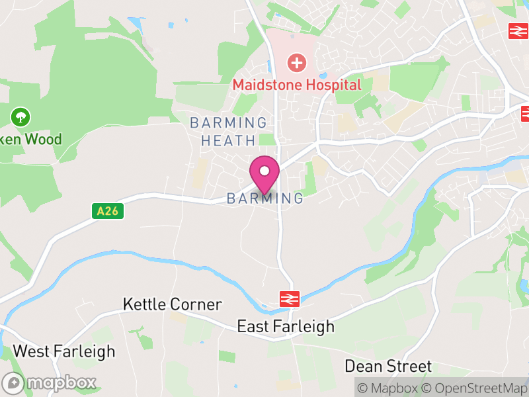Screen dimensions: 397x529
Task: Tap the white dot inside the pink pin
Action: tap(264, 171)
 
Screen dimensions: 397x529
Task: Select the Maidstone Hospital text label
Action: tap(297, 85)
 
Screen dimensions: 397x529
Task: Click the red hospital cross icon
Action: tap(297, 64)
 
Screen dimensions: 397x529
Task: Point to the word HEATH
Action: tap(228, 140)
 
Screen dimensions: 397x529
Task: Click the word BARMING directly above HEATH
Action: tap(228, 123)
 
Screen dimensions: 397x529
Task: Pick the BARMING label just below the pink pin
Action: tap(265, 198)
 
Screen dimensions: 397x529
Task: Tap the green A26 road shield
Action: tap(106, 211)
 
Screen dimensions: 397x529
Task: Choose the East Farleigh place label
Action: tap(286, 327)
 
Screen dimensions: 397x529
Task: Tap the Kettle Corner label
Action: tap(172, 304)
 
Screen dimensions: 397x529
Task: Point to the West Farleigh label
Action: tap(64, 351)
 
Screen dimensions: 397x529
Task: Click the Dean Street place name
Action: tap(388, 366)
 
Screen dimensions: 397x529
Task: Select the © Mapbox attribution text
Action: tap(390, 388)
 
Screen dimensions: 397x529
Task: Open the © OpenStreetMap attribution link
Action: tap(476, 388)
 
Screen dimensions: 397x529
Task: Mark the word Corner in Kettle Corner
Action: tap(195, 304)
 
